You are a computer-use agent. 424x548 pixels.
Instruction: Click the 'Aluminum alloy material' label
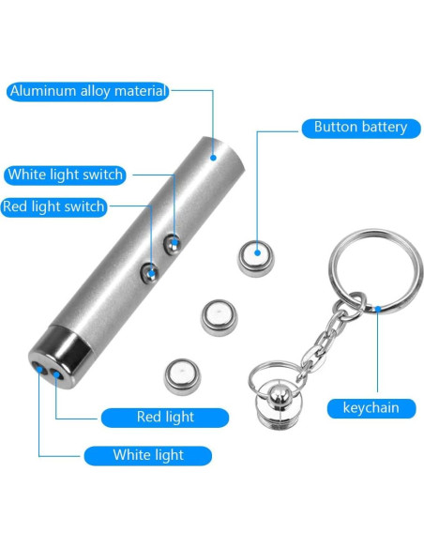tap(87, 91)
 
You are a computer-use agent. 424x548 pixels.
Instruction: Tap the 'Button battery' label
tap(360, 127)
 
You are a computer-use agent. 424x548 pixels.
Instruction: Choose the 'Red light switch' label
tap(53, 206)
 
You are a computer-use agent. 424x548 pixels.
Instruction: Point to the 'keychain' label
tap(371, 407)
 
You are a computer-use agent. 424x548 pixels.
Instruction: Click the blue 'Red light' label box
tap(164, 417)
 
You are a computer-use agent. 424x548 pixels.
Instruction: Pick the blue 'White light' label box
tap(147, 455)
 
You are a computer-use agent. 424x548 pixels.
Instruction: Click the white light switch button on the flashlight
tap(172, 244)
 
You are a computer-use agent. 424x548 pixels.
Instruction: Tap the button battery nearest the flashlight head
tap(182, 377)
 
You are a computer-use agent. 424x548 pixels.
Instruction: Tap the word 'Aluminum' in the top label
tap(42, 91)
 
